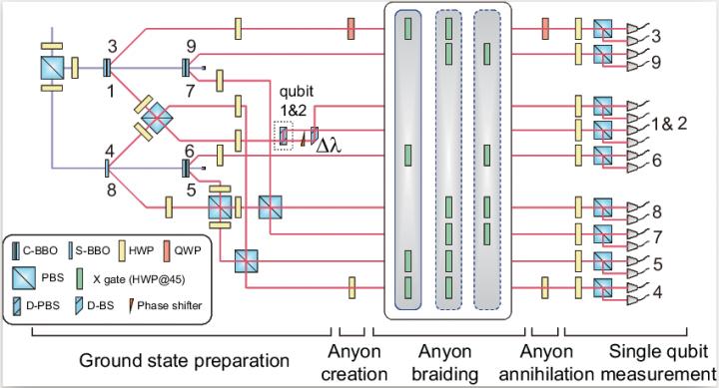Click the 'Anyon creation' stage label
tap(358, 363)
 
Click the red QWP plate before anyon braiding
tap(352, 29)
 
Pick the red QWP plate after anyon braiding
tap(545, 29)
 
